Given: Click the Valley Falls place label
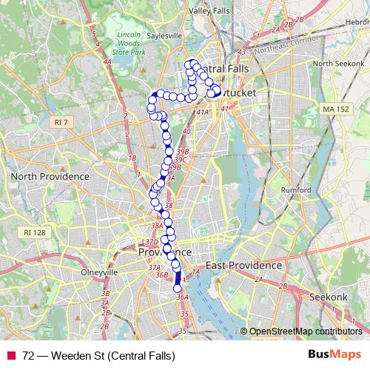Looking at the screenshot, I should point(210,11).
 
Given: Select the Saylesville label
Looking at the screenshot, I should point(164,36).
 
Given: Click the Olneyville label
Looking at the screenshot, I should point(99,272).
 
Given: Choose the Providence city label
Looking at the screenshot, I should point(165,252).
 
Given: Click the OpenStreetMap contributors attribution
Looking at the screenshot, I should point(305,332).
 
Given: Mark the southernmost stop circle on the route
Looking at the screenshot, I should point(177,289).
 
